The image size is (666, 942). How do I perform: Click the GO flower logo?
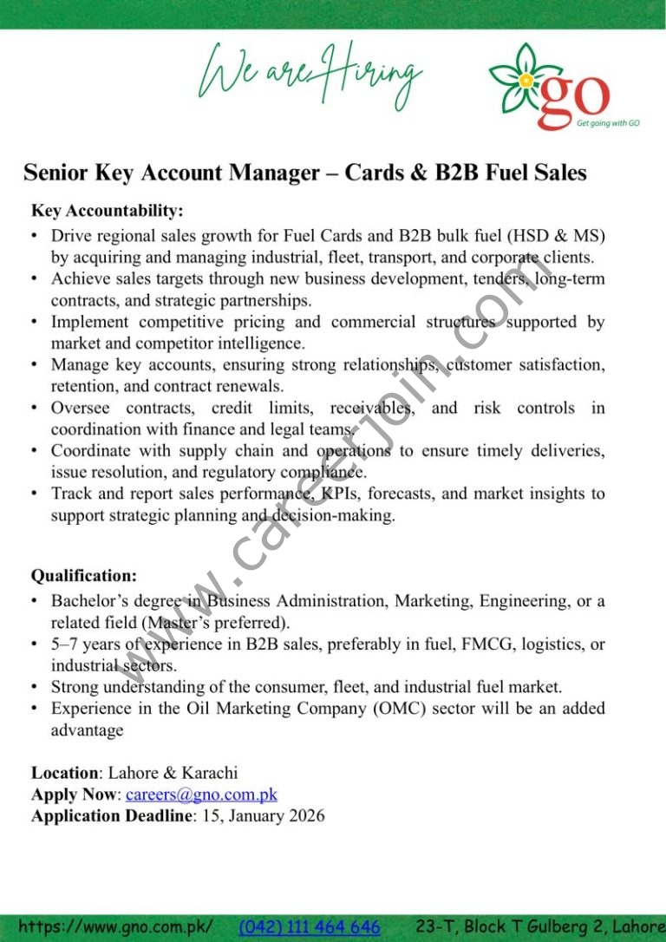coord(525,81)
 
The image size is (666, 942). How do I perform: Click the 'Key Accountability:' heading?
coord(108,211)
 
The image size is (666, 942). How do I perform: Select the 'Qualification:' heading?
coord(84,576)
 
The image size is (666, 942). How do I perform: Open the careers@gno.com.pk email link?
coord(201,794)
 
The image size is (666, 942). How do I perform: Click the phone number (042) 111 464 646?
coord(310,927)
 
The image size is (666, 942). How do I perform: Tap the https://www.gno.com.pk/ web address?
coord(114,927)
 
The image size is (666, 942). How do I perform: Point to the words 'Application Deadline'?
coord(111,815)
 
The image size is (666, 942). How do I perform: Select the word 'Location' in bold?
coord(65,773)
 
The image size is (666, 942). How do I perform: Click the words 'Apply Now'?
coord(74,794)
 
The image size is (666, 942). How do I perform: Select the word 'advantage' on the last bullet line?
coord(87,730)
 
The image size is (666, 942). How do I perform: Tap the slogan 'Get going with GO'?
coord(608,123)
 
